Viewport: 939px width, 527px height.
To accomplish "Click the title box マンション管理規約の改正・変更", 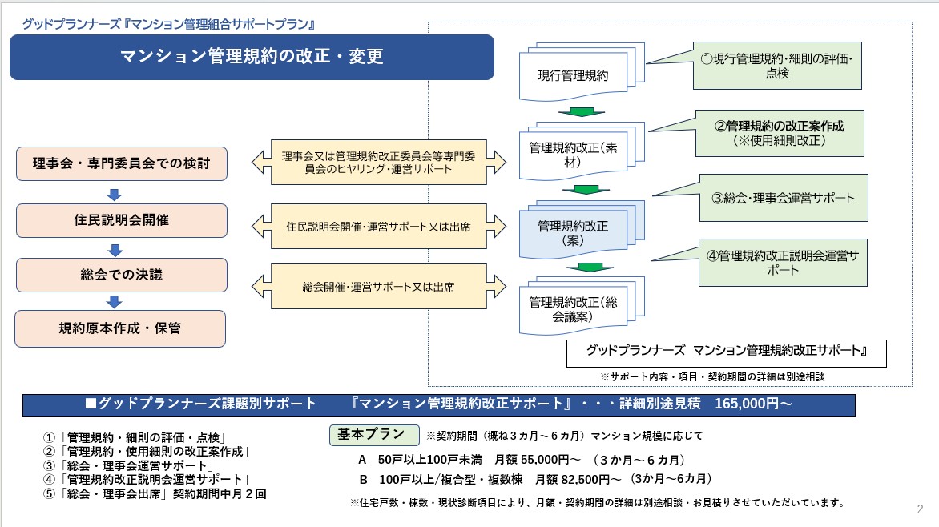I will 252,57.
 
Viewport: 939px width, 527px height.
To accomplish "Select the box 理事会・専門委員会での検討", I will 121,163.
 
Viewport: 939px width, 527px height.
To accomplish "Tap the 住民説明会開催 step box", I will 121,220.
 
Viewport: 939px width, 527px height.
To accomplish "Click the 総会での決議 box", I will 121,275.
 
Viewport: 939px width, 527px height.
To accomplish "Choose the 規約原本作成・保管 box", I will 121,328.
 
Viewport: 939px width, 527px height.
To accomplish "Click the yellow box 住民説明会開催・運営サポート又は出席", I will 378,227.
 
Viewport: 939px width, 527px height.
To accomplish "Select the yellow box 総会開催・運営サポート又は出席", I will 378,286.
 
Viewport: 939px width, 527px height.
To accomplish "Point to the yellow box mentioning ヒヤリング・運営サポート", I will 378,162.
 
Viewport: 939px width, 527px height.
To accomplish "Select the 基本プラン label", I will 373,434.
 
